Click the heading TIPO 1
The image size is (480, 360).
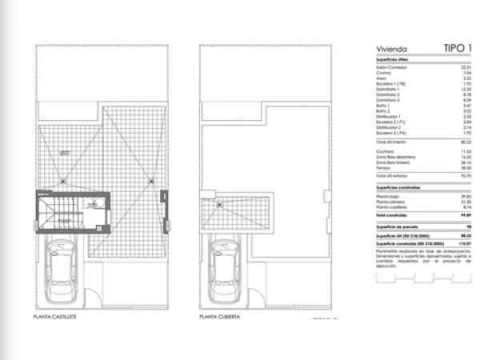click(458, 49)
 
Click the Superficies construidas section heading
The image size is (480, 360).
click(397, 185)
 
